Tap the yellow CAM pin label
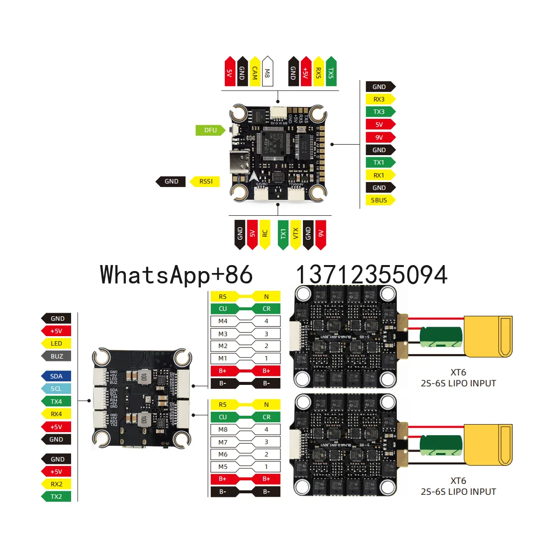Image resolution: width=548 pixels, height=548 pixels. click(x=255, y=72)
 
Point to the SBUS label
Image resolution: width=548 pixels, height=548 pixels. click(x=379, y=200)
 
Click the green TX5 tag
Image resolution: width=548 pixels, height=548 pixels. click(x=331, y=72)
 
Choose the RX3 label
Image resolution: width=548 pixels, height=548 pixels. click(x=379, y=99)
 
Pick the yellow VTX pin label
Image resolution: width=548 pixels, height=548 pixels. click(x=295, y=234)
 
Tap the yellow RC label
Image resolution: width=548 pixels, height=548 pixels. click(x=265, y=234)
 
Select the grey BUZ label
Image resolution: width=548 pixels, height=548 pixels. click(x=57, y=356)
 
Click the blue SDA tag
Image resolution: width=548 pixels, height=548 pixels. click(x=56, y=376)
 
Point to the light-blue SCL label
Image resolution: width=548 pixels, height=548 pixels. click(x=56, y=389)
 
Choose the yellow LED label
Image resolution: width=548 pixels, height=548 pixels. click(x=56, y=344)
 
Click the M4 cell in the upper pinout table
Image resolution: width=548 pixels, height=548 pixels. click(x=223, y=321)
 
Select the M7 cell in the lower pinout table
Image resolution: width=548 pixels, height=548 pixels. click(x=223, y=442)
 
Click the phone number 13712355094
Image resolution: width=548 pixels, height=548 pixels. click(x=371, y=275)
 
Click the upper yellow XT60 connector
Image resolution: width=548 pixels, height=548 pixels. click(x=487, y=337)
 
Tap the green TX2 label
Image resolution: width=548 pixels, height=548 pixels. click(x=56, y=497)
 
